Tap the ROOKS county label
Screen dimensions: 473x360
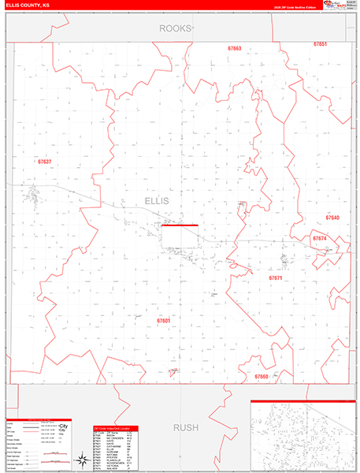(x=176, y=28)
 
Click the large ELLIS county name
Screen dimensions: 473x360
(x=163, y=201)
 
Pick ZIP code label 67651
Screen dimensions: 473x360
(x=320, y=44)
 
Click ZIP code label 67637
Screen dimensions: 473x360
(x=45, y=162)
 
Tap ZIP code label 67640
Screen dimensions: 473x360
(x=332, y=217)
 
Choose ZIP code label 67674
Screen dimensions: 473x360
(x=319, y=237)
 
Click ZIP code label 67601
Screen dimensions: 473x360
(x=163, y=321)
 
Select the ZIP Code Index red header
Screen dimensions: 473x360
(x=115, y=428)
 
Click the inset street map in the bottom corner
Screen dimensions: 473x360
(x=302, y=436)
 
